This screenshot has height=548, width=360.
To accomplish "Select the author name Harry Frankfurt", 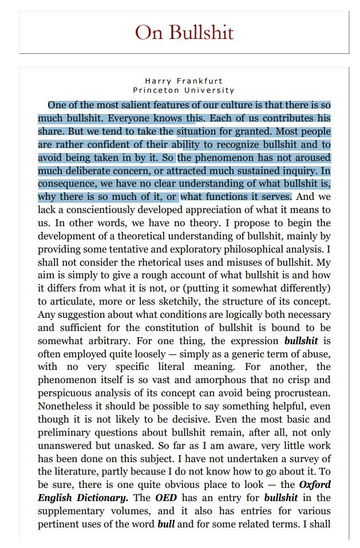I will click(x=184, y=81).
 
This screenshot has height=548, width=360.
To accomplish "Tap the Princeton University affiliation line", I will click(x=184, y=90).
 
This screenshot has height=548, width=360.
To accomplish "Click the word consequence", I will click(x=68, y=184).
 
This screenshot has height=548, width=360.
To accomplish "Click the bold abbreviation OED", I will click(x=166, y=498).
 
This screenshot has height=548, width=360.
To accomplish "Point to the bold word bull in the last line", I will click(x=166, y=524).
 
